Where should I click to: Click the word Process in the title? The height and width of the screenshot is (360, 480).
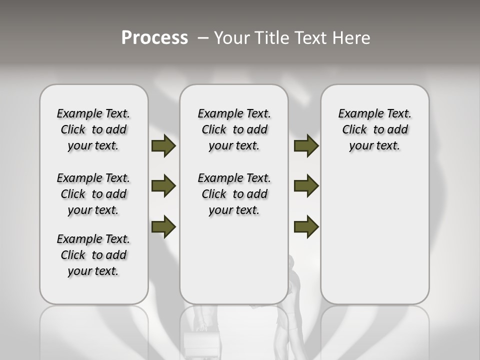click(x=154, y=37)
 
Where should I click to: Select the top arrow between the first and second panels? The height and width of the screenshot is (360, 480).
click(x=163, y=146)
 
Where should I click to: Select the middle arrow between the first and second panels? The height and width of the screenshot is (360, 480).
click(x=163, y=186)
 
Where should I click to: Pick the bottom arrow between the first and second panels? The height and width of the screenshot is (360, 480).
click(x=163, y=227)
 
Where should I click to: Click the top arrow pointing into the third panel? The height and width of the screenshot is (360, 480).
click(x=306, y=146)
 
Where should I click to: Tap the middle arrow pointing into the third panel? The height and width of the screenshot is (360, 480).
click(x=306, y=186)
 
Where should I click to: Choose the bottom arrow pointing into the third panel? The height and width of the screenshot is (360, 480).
click(x=306, y=227)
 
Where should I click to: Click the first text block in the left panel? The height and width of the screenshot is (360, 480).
click(x=93, y=129)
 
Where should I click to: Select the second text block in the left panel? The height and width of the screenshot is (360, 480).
click(x=93, y=194)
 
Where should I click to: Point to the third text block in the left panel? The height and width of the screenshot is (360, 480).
click(x=93, y=255)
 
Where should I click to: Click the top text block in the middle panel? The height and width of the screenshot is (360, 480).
click(x=234, y=129)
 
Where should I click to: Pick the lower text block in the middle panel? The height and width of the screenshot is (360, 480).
click(x=234, y=194)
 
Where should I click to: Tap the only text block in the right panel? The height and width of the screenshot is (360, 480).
click(x=374, y=129)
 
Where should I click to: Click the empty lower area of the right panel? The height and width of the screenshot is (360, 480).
click(x=374, y=235)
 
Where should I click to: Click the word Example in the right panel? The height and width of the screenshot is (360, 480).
click(x=356, y=113)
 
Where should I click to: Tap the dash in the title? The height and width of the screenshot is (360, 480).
click(x=203, y=37)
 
